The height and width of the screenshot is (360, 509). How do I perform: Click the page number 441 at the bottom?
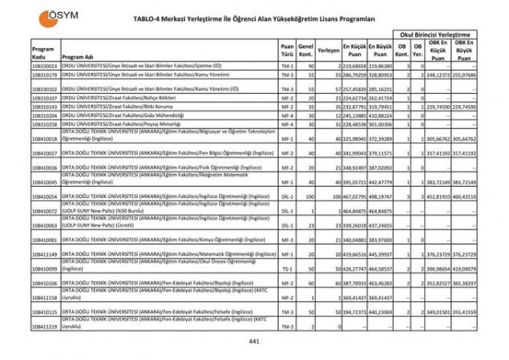[x=254, y=342]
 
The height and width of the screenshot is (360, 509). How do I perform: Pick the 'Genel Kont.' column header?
[x=305, y=50]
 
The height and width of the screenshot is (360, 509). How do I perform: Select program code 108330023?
[x=45, y=66]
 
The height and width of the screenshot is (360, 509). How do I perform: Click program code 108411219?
[x=45, y=327]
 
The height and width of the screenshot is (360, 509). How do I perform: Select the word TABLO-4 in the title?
[x=151, y=18]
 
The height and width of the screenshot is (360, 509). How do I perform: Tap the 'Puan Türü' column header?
[x=287, y=50]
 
